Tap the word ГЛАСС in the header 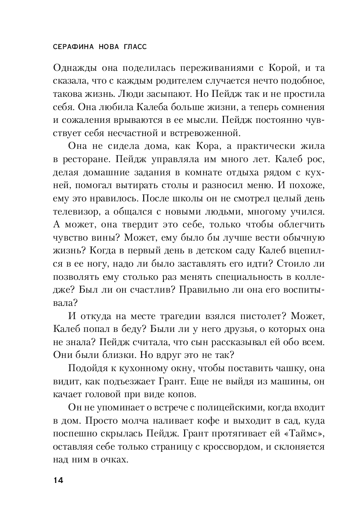click(x=132, y=47)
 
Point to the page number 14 click(x=58, y=480)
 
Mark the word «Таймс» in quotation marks click(x=305, y=434)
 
